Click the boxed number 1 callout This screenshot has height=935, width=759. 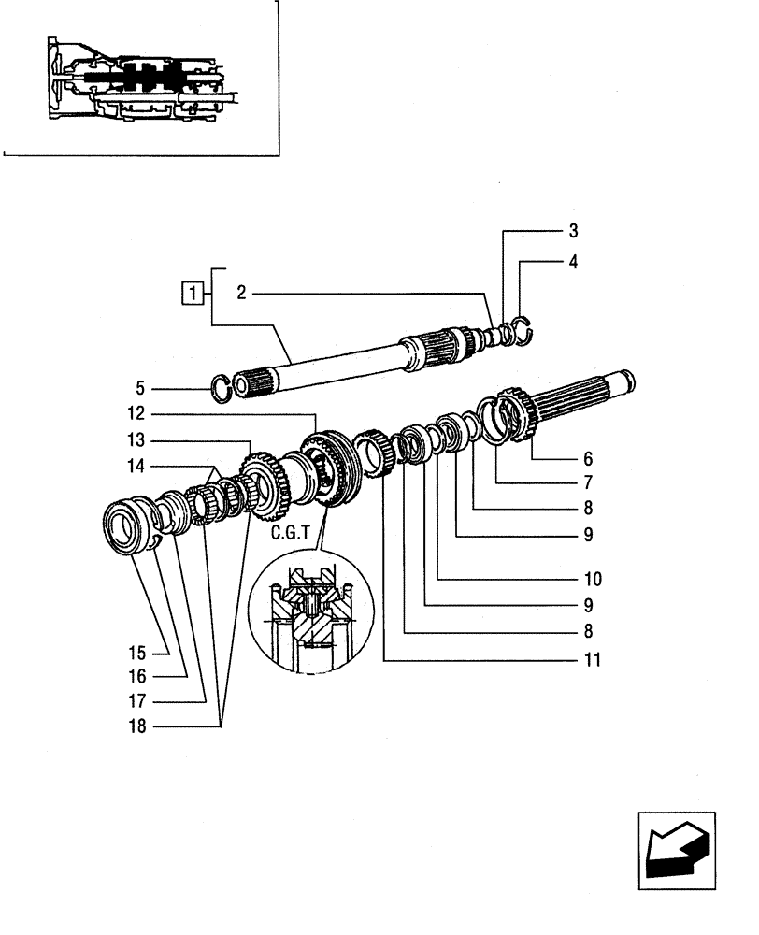(x=192, y=295)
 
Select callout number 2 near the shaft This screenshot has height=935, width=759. (x=240, y=294)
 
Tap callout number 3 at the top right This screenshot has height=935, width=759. (x=573, y=231)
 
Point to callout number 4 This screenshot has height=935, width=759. (x=573, y=263)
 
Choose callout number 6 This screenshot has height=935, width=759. (x=587, y=459)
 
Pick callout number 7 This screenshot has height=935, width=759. (x=587, y=483)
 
